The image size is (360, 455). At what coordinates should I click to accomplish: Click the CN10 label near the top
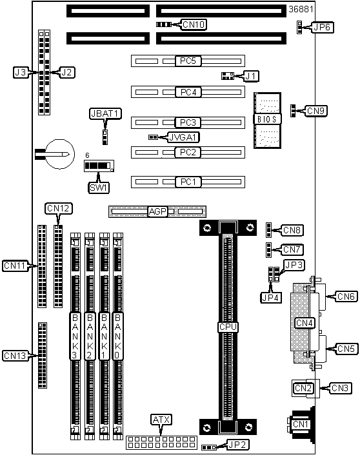(x=194, y=24)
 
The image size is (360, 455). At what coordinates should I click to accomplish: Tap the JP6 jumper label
(x=322, y=27)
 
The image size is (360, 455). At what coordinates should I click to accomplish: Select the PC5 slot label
(x=188, y=61)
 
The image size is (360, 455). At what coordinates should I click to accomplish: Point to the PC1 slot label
(x=188, y=182)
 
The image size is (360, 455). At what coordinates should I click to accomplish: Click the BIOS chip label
(x=267, y=119)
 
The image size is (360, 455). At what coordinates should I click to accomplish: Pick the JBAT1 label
(x=105, y=113)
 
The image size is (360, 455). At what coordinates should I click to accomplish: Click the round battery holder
(x=61, y=154)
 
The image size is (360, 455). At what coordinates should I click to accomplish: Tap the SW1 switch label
(x=99, y=188)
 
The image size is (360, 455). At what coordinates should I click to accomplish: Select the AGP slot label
(x=157, y=211)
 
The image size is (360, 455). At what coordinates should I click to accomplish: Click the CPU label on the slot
(x=228, y=327)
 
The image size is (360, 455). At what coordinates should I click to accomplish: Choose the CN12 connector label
(x=59, y=208)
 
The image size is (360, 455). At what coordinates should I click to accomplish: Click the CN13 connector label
(x=15, y=356)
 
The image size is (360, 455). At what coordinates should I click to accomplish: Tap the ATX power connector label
(x=161, y=420)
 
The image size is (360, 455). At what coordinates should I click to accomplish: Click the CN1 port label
(x=300, y=424)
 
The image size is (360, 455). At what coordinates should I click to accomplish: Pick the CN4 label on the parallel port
(x=305, y=323)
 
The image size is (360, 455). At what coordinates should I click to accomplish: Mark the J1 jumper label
(x=252, y=76)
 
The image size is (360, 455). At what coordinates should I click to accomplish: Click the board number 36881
(x=301, y=9)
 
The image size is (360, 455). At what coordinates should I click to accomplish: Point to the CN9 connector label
(x=316, y=111)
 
